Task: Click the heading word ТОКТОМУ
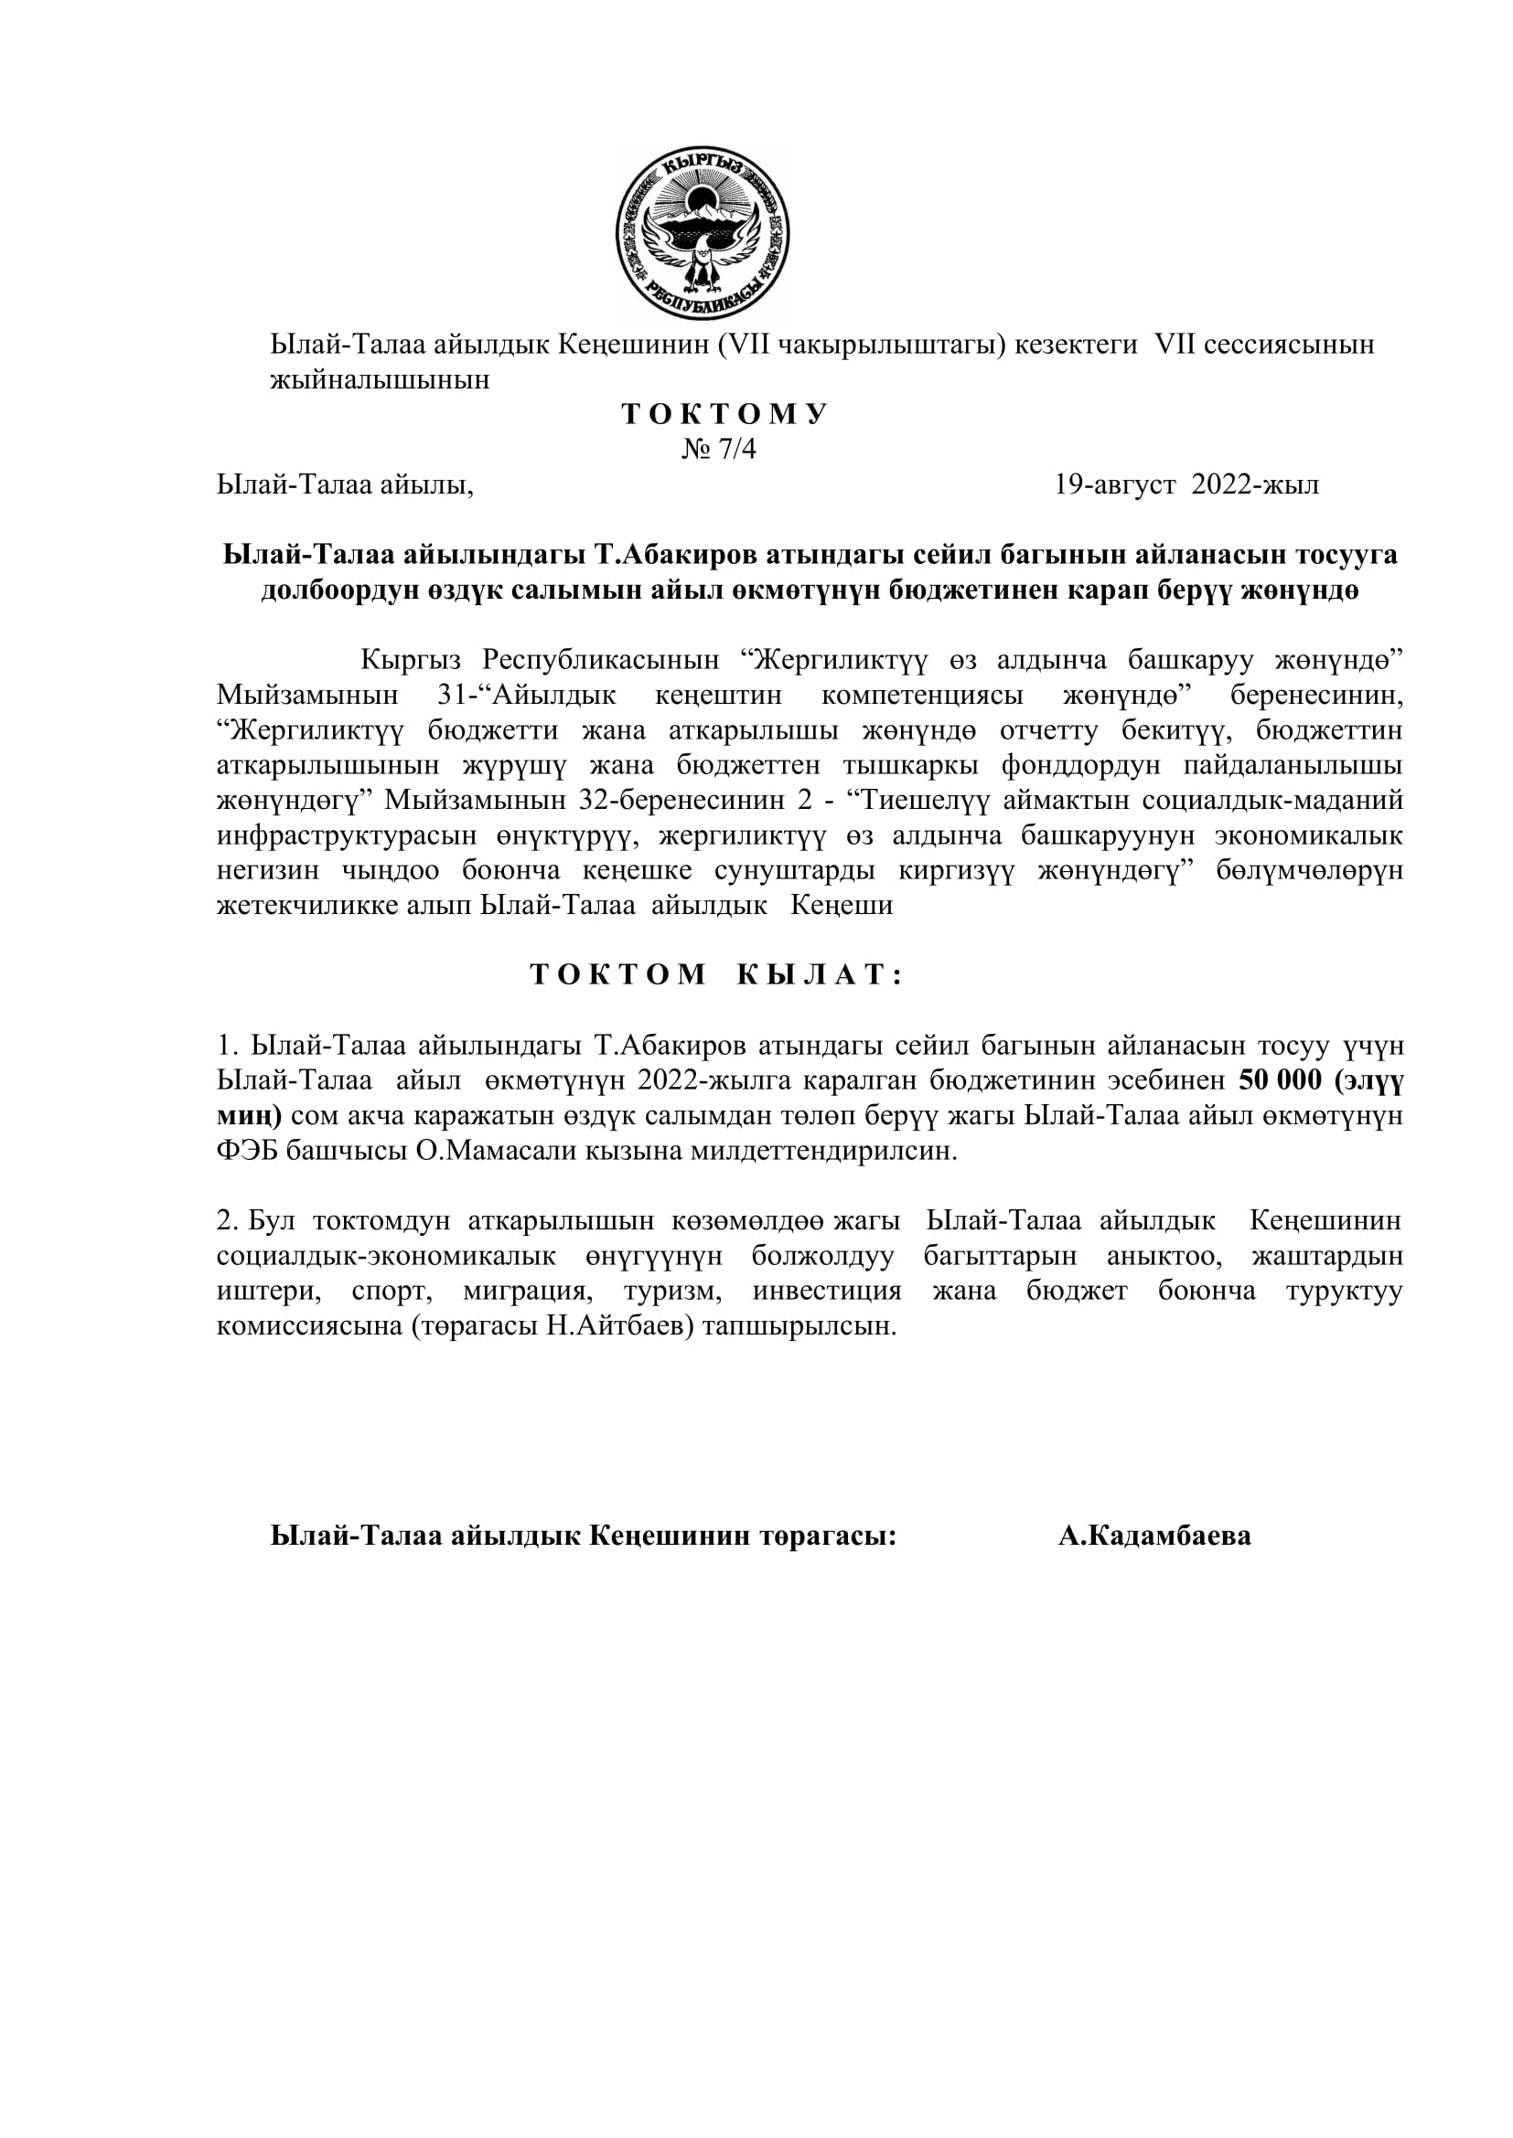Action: coord(724,414)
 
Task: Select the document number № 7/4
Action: coord(719,450)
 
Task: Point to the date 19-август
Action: coord(1114,485)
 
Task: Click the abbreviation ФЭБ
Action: coord(247,1151)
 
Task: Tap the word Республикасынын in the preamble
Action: coord(601,660)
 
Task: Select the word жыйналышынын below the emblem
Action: coord(381,381)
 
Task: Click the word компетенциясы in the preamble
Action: coord(923,696)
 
